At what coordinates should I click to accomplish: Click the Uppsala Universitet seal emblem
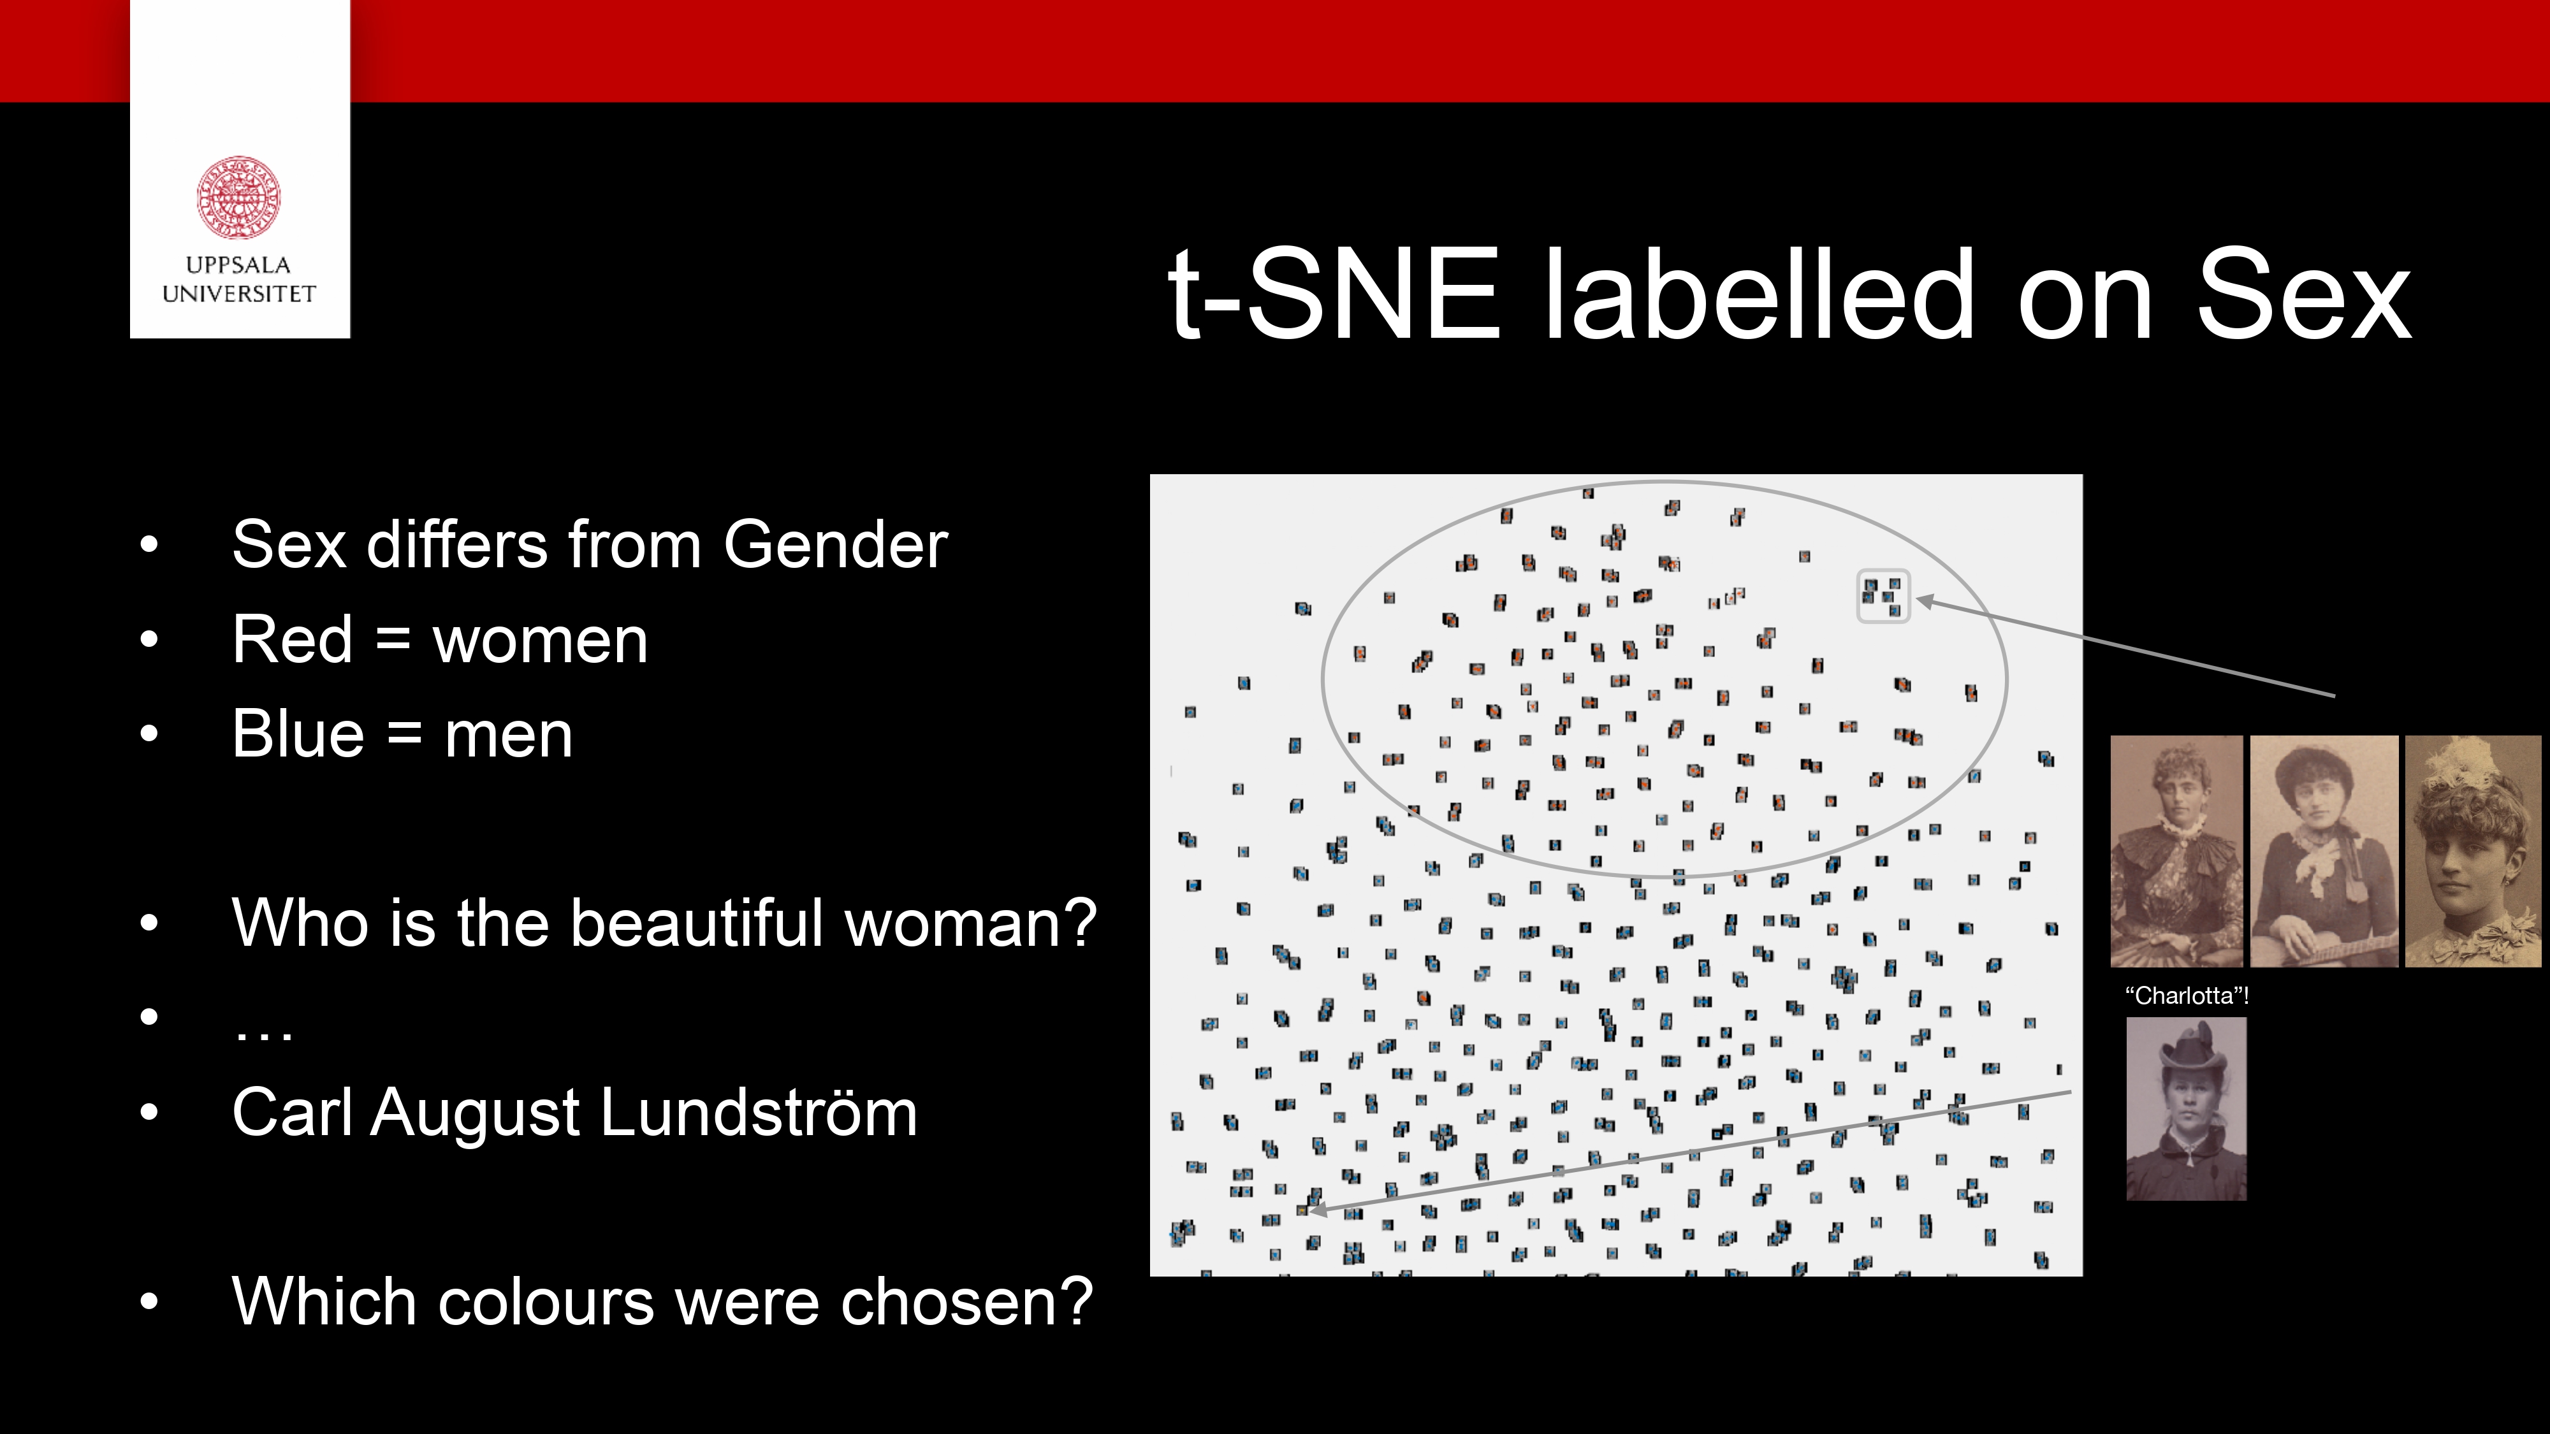[x=238, y=197]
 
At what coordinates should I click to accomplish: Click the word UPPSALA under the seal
[x=238, y=265]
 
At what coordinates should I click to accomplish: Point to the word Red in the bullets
[x=292, y=639]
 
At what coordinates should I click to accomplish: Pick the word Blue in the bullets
[x=298, y=734]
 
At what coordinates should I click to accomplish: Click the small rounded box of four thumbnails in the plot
[x=1882, y=597]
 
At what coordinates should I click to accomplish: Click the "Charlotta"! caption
[x=2187, y=996]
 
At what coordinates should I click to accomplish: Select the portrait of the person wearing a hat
[x=2186, y=1108]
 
